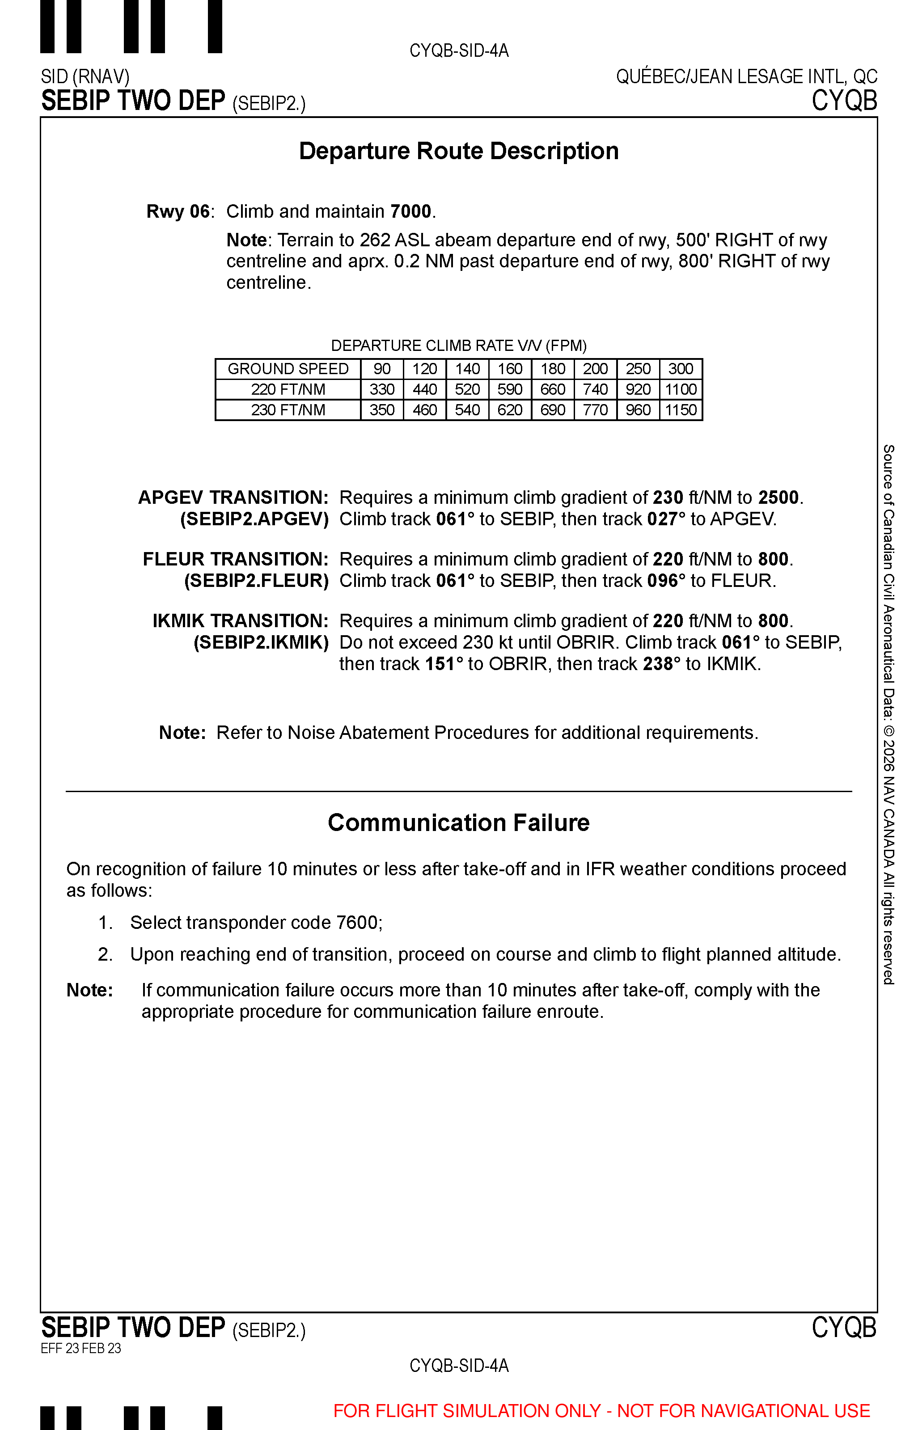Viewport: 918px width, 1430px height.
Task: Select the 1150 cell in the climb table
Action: click(681, 410)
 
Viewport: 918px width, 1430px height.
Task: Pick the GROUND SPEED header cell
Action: click(288, 369)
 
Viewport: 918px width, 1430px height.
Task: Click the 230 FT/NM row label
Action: click(288, 410)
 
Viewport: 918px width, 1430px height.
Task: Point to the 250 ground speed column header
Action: click(638, 369)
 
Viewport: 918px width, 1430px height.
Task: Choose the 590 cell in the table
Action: click(510, 390)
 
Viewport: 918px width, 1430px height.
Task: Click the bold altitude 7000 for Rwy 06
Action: click(411, 211)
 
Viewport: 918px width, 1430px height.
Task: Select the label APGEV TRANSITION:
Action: click(233, 498)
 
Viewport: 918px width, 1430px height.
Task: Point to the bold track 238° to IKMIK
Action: click(662, 664)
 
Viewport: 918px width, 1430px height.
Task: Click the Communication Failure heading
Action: click(458, 823)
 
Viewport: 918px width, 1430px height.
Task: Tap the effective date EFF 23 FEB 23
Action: click(81, 1348)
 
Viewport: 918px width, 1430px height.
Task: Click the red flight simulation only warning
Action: click(601, 1410)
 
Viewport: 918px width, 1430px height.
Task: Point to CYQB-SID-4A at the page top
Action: click(459, 51)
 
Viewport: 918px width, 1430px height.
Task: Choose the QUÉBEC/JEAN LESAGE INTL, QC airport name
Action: click(746, 77)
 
